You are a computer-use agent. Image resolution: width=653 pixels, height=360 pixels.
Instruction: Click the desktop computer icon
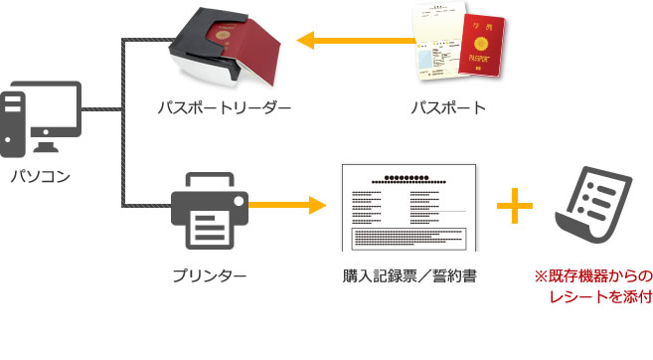pos(41,121)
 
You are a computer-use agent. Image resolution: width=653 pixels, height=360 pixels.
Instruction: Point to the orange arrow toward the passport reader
pos(348,41)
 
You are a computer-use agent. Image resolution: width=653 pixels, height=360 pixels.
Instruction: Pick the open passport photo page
pos(437,50)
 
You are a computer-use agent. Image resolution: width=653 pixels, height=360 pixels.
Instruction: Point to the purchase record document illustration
pos(408,207)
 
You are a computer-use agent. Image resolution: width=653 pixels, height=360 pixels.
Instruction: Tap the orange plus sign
pos(515,207)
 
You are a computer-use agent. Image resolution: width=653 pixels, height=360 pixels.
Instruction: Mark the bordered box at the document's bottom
pos(408,239)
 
